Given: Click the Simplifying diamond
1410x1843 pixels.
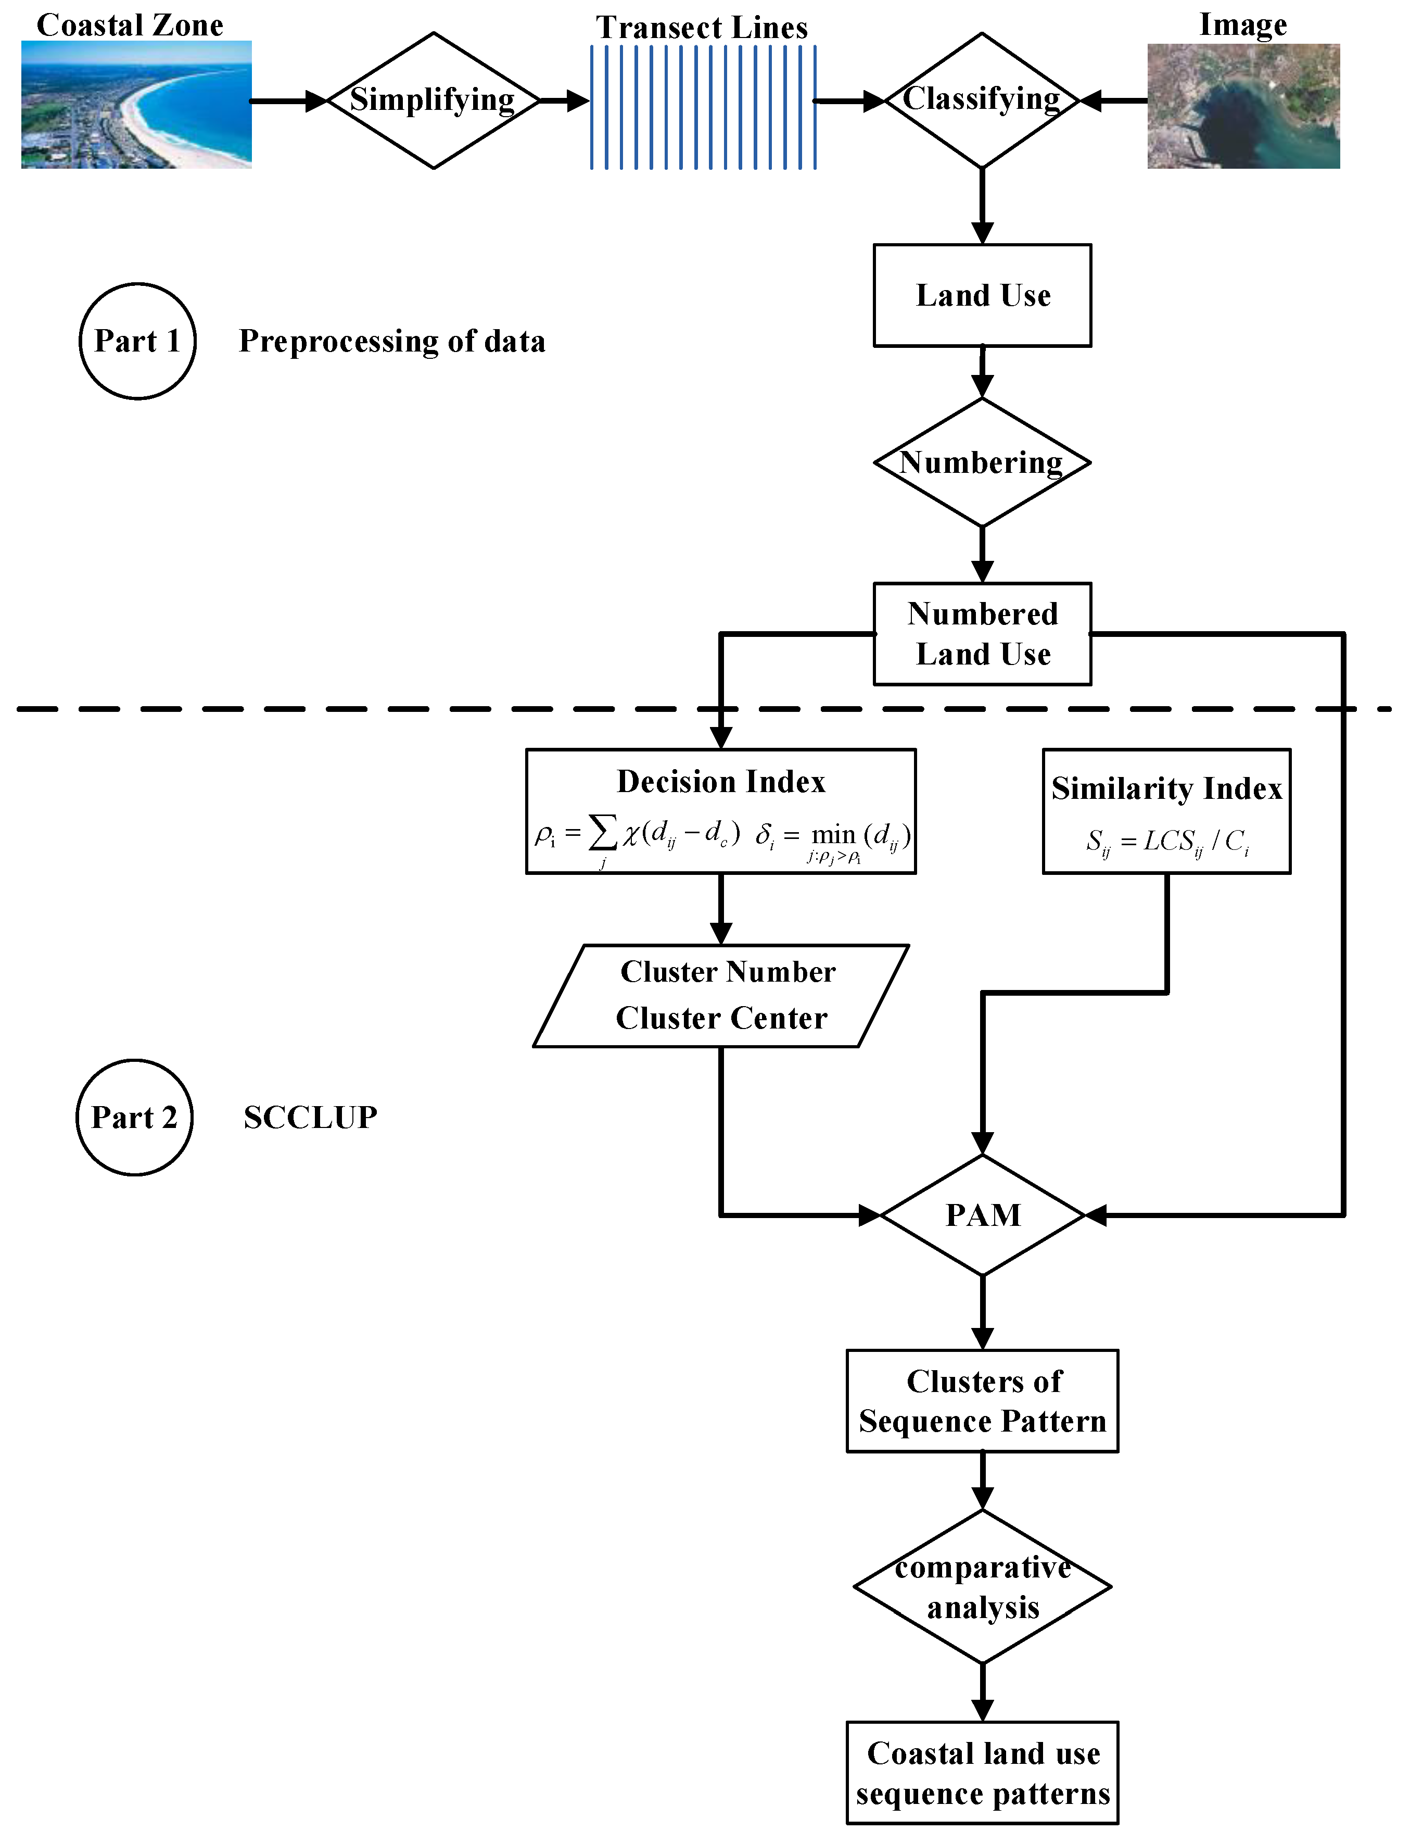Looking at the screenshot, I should [433, 101].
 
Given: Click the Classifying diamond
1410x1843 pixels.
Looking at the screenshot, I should [981, 101].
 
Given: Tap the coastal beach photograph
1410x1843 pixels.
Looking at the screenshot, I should [136, 105].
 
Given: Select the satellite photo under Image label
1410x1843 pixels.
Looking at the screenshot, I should [1243, 107].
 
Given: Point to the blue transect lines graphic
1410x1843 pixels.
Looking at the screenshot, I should [703, 107].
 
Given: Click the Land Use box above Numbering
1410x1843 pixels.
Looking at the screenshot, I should [982, 296].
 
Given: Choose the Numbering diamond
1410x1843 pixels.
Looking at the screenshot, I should [982, 462].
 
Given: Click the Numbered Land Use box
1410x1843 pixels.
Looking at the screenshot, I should [982, 634].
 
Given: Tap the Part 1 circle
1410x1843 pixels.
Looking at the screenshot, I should [137, 341].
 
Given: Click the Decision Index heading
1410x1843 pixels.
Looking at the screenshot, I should [721, 782].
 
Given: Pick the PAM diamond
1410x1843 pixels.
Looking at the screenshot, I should [983, 1215].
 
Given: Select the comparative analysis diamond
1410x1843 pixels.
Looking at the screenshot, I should [983, 1587].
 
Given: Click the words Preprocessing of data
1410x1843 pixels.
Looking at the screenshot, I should [392, 341].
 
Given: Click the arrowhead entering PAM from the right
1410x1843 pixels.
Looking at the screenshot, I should [1095, 1215].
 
